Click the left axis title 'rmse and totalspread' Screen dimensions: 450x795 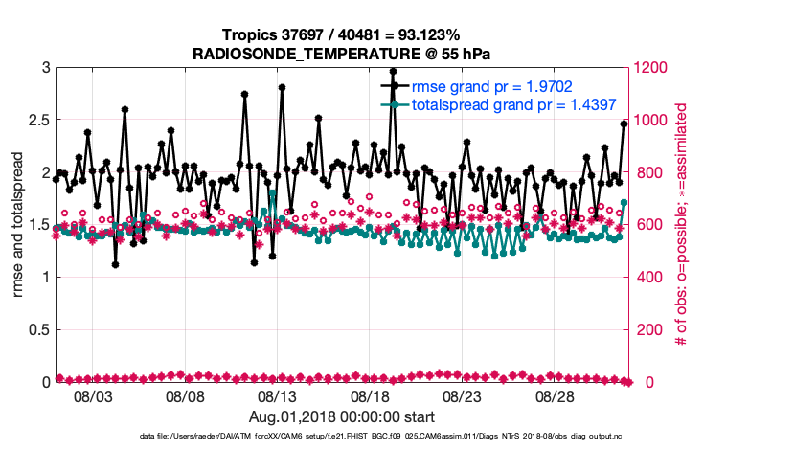19,225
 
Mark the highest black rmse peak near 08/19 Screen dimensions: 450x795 393,71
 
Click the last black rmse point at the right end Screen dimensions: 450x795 624,124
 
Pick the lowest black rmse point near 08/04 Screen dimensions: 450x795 115,264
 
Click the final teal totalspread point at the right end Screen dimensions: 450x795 624,202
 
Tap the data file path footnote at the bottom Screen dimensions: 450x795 397,437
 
